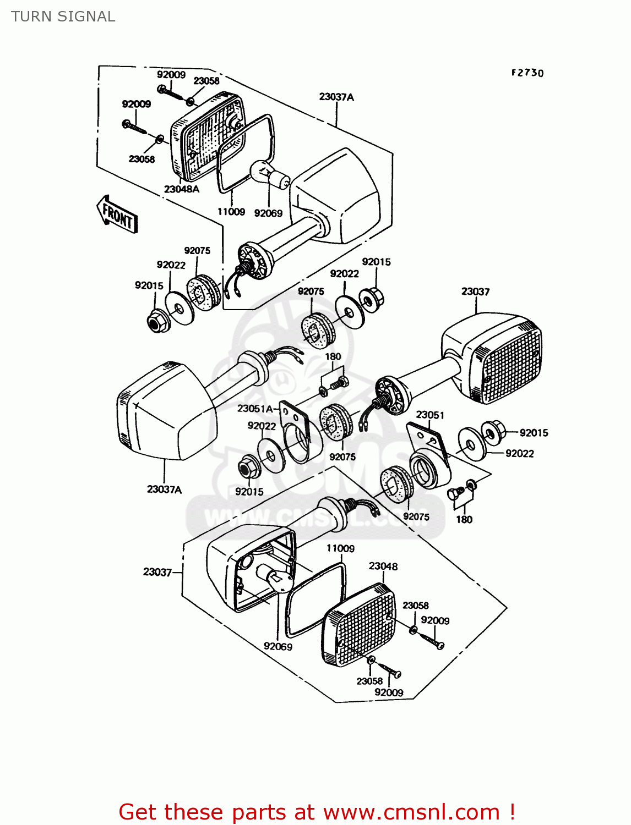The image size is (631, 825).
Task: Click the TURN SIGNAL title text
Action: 63,16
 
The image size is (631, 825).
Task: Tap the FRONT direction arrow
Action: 117,215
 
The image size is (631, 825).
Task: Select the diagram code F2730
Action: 527,73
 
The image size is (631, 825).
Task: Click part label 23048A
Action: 181,189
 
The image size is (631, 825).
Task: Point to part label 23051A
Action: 255,408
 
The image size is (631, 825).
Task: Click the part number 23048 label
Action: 383,566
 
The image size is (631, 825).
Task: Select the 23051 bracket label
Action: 429,415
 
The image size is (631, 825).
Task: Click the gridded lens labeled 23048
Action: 359,624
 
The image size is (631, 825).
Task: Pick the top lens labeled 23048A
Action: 206,137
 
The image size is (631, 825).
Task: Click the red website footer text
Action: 317,812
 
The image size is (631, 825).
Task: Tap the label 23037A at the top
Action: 336,97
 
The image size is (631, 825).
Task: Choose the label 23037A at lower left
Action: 164,489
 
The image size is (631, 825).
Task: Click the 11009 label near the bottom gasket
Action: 340,548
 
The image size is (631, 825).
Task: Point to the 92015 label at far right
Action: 534,433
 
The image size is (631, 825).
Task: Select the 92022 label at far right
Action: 519,453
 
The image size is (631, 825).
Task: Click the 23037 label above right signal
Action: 475,291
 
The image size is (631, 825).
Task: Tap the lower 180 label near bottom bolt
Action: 464,519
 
